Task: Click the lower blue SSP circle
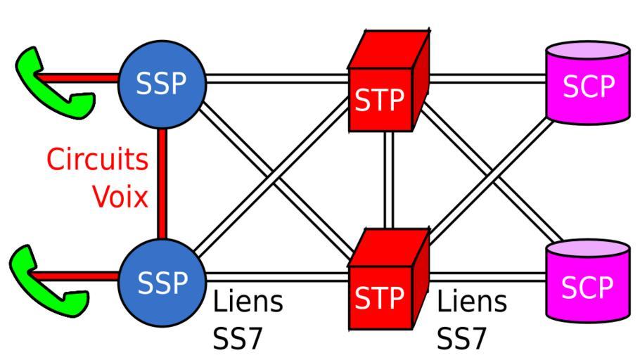pyautogui.click(x=162, y=283)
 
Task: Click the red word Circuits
pyautogui.click(x=97, y=160)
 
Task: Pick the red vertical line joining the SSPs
pyautogui.click(x=162, y=183)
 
